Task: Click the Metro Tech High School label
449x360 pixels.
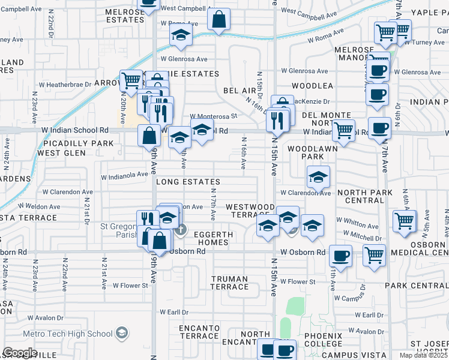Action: [x=67, y=334]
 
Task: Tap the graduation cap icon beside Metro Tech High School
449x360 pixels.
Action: [x=122, y=333]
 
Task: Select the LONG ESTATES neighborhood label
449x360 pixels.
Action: [x=188, y=181]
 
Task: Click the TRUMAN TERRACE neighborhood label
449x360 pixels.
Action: [x=230, y=283]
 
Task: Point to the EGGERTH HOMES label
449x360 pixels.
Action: [x=211, y=238]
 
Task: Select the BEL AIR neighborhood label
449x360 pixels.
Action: [x=240, y=90]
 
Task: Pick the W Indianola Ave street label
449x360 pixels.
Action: [x=124, y=176]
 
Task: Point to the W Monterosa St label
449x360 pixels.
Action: [x=214, y=116]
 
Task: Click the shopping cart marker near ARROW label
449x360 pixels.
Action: [x=130, y=79]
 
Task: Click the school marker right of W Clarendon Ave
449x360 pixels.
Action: [x=319, y=176]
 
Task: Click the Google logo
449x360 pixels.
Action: [x=20, y=352]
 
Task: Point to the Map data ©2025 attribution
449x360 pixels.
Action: [x=424, y=355]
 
